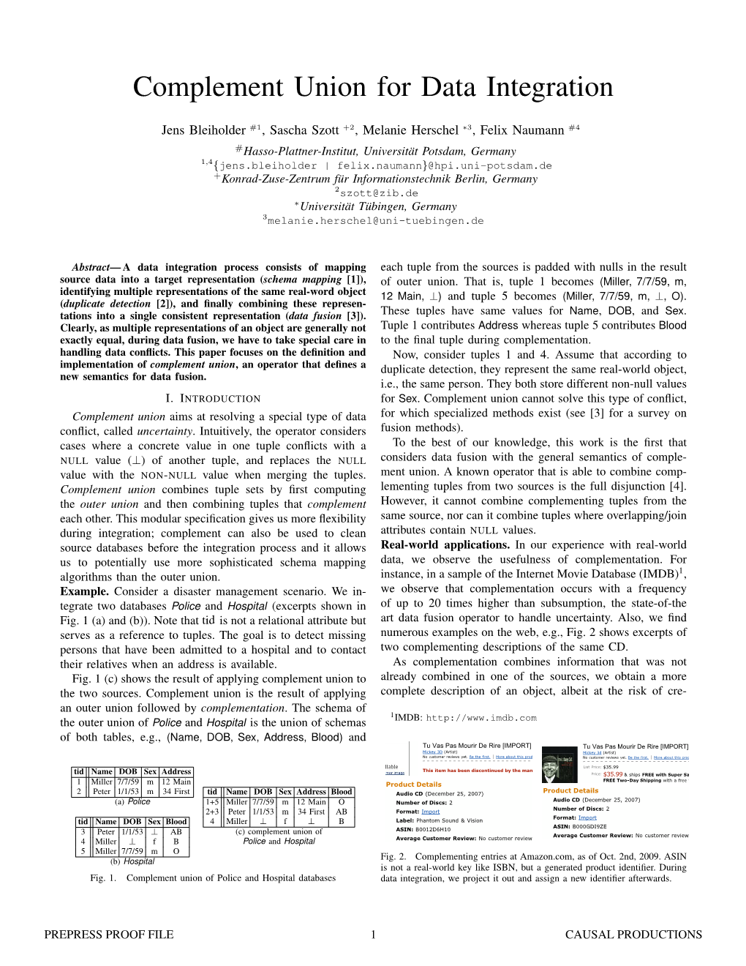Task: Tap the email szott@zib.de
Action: tap(379, 193)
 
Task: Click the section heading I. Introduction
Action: tap(213, 398)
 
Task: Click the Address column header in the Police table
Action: tap(176, 771)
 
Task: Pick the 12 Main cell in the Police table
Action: tap(176, 782)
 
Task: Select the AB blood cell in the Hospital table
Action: tap(176, 831)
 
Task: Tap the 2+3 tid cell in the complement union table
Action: tap(212, 812)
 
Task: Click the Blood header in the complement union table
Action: tap(342, 792)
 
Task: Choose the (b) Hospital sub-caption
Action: tap(132, 861)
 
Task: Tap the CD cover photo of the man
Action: tap(560, 765)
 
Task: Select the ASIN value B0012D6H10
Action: tap(434, 829)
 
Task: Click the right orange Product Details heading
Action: tap(570, 790)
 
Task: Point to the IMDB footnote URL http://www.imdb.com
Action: tap(481, 718)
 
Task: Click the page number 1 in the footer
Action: tap(373, 935)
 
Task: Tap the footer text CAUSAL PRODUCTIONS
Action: tap(633, 935)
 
